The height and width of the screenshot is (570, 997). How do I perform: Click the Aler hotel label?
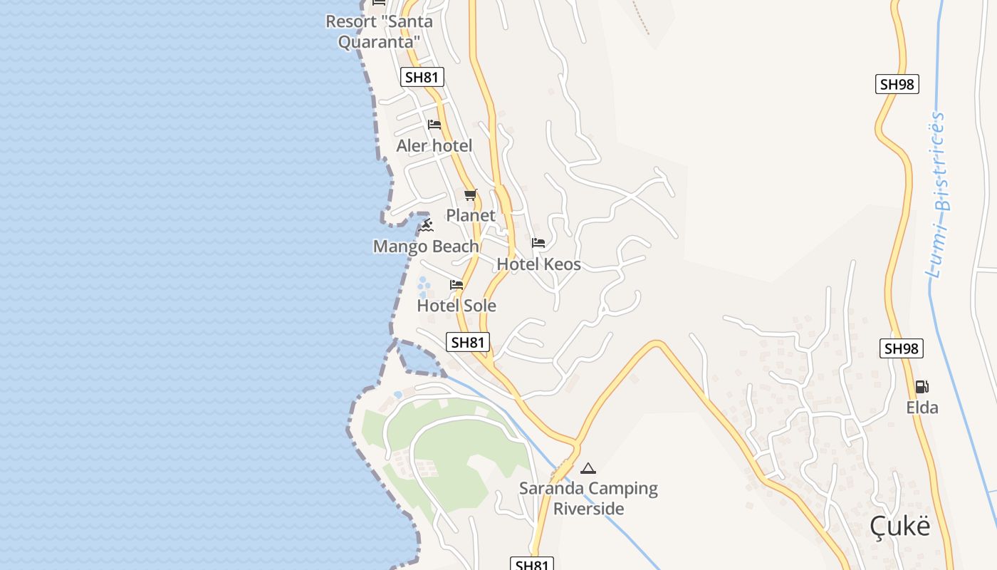(434, 146)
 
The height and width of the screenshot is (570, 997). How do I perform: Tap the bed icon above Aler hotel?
(434, 125)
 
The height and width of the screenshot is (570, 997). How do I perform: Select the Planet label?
(470, 215)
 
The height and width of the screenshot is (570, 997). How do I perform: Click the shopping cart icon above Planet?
(470, 195)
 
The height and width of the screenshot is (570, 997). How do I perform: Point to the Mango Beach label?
(426, 247)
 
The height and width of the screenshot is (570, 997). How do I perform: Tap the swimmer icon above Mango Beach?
(426, 226)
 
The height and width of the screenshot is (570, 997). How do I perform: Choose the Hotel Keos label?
(538, 264)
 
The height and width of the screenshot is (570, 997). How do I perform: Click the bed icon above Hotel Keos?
(538, 243)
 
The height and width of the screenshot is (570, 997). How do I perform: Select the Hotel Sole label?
(456, 306)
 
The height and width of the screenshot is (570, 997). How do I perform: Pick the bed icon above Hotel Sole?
(456, 285)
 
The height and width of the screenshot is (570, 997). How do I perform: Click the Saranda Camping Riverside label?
(588, 498)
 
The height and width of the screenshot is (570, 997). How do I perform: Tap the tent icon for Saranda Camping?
(588, 468)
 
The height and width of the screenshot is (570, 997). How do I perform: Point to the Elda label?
(922, 408)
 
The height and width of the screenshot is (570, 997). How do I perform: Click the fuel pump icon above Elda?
(922, 387)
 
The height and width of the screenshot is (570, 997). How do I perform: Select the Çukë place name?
(899, 527)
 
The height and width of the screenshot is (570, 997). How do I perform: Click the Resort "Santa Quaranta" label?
(379, 31)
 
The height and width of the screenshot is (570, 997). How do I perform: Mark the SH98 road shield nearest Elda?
(902, 348)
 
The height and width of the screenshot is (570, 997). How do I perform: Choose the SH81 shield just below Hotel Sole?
(468, 342)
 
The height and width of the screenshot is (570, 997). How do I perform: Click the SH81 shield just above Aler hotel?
(422, 77)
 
